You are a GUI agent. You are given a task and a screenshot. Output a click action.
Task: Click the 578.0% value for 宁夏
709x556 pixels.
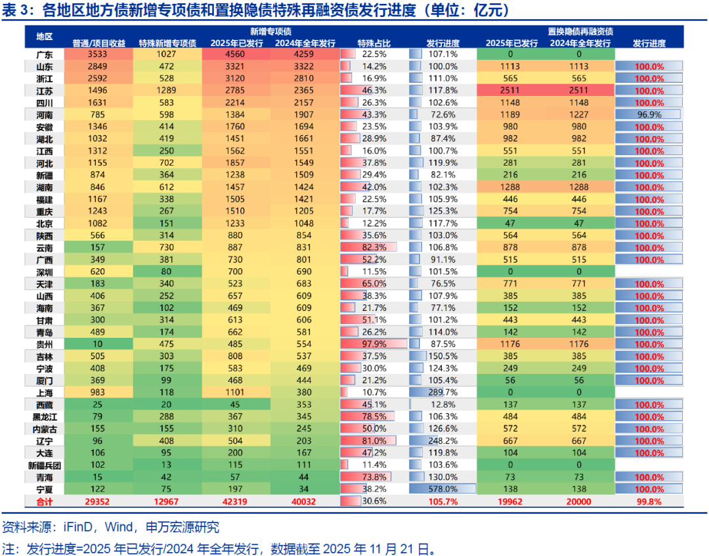click(442, 490)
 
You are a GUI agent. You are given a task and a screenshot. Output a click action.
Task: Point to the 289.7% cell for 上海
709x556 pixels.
click(442, 392)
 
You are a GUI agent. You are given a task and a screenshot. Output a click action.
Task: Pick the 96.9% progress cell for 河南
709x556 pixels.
click(649, 114)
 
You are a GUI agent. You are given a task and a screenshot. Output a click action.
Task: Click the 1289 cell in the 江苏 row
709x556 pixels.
click(167, 91)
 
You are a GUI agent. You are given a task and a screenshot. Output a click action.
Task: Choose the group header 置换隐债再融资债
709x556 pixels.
click(580, 31)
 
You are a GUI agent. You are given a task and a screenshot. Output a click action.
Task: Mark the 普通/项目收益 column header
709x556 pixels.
click(98, 43)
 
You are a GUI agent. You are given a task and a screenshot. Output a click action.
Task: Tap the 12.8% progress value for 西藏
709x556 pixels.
click(442, 405)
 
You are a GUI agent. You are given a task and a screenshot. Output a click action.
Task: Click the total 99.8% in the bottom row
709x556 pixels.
click(649, 502)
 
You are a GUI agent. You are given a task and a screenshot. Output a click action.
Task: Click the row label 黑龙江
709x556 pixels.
click(44, 417)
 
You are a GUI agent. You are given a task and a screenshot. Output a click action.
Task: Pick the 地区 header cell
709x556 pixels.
click(44, 37)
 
